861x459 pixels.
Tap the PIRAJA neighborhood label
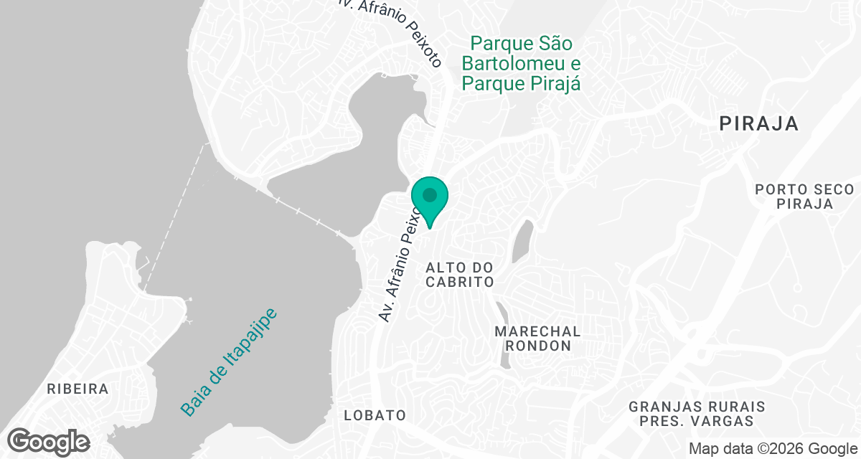[x=759, y=124]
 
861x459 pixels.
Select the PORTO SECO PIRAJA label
[x=804, y=197]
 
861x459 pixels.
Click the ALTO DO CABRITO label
[x=460, y=275]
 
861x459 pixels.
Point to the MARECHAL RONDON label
[x=537, y=339]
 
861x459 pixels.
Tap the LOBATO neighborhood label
[x=375, y=415]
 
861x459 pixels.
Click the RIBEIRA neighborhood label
[x=77, y=389]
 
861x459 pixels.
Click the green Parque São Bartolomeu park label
[x=520, y=63]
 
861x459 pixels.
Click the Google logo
[x=49, y=440]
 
